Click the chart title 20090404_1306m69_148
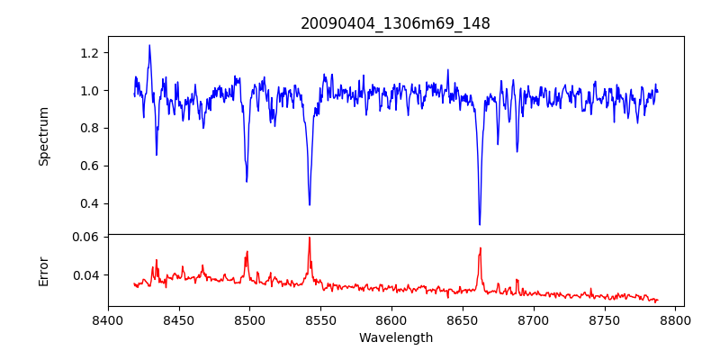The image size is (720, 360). point(395,23)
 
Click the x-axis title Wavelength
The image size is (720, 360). point(395,338)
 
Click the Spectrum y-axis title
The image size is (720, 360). point(44,136)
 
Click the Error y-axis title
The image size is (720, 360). point(44,271)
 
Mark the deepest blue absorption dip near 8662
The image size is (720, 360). point(480,224)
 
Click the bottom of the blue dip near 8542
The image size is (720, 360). point(310,204)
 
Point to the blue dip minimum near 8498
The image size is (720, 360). point(247,182)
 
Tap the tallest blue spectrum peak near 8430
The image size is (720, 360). point(149,45)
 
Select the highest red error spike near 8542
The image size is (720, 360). point(309,238)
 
